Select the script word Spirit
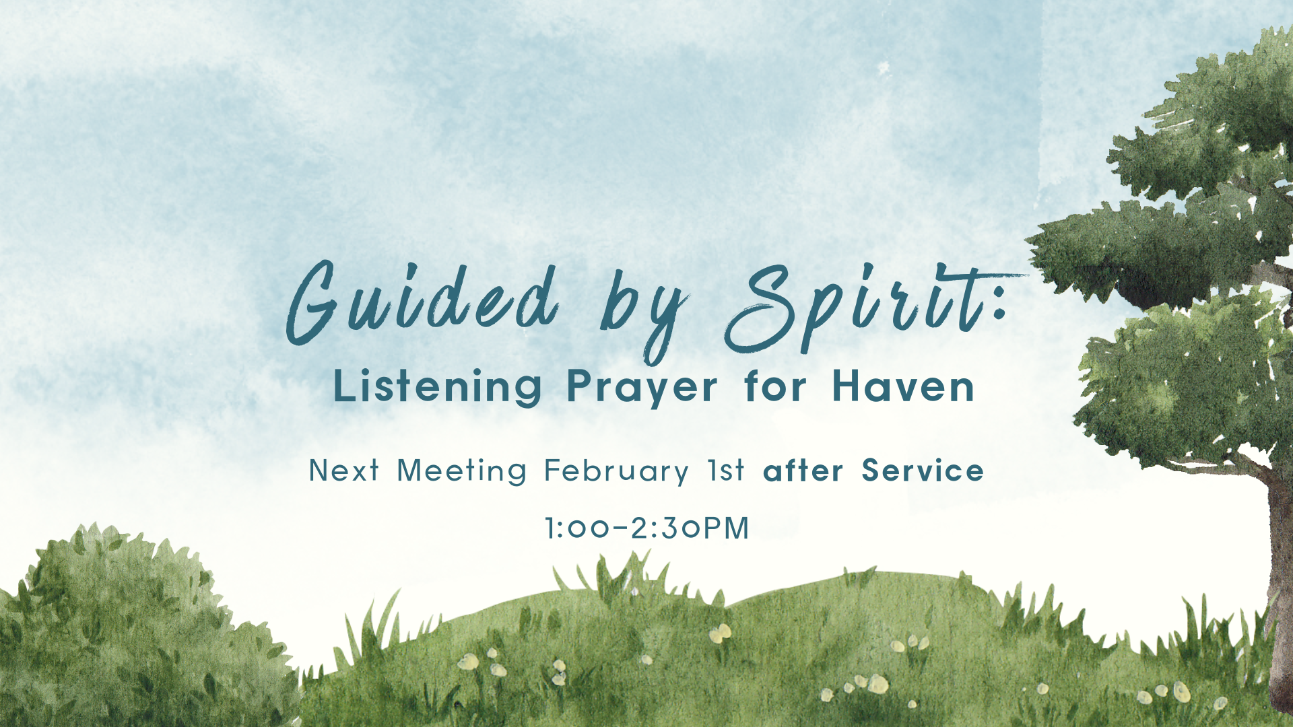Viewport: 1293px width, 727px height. [x=855, y=306]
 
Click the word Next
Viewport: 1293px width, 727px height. [x=344, y=471]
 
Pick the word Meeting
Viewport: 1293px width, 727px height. [x=461, y=471]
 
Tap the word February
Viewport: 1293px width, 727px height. [x=616, y=471]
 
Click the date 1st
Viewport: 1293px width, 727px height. [x=726, y=471]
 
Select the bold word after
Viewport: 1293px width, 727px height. [x=803, y=471]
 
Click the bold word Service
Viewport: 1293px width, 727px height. [x=923, y=471]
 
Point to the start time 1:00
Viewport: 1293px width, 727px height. [x=578, y=528]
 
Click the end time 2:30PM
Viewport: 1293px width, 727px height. [x=690, y=528]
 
